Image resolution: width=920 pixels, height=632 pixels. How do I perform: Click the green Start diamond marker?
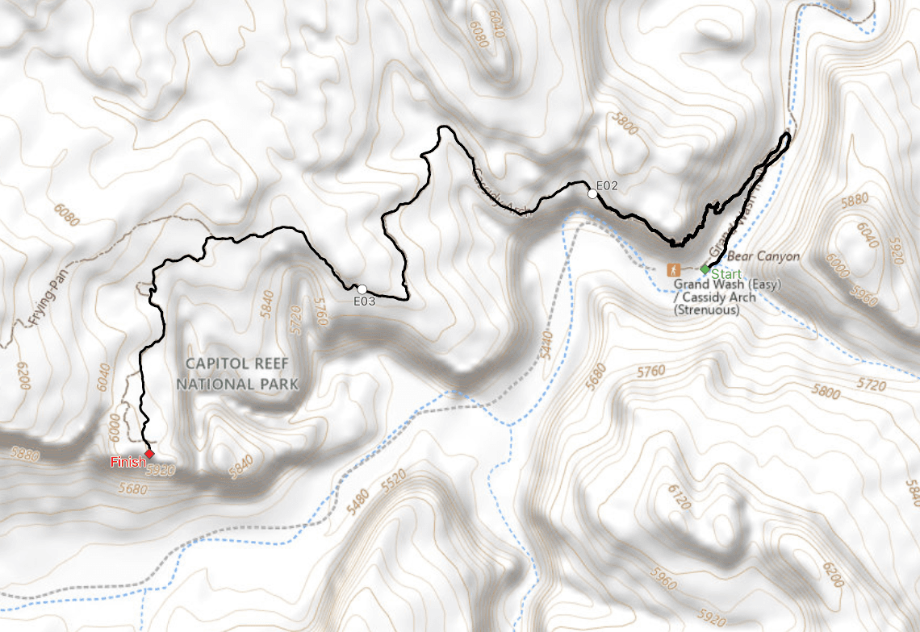[x=705, y=268]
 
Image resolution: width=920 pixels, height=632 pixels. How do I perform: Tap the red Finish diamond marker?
[x=149, y=454]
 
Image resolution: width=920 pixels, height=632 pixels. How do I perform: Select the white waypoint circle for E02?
[x=593, y=193]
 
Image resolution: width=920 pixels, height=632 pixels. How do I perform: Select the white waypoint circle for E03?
[x=362, y=289]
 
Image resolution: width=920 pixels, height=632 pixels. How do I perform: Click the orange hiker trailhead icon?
[x=672, y=270]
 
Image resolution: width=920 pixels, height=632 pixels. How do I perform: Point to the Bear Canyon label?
[x=763, y=257]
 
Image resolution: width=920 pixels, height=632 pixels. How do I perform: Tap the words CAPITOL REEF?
[x=232, y=364]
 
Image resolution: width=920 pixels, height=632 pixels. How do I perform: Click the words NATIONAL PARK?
[x=237, y=384]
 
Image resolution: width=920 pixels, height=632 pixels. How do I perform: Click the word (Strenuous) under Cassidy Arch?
[x=707, y=310]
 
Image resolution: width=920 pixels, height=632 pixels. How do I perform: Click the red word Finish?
[x=128, y=462]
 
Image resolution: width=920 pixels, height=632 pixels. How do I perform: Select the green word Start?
[x=726, y=274]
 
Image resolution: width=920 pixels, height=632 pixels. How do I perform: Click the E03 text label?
[x=365, y=301]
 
